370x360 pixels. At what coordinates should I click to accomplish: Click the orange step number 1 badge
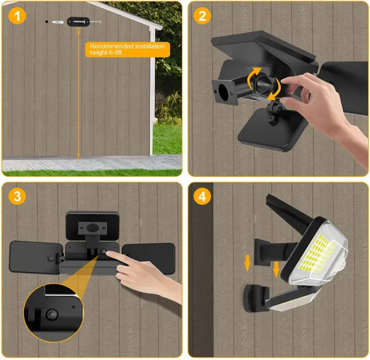pyautogui.click(x=17, y=16)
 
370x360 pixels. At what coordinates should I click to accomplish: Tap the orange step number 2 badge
pyautogui.click(x=202, y=16)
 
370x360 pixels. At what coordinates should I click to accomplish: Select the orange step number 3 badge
pyautogui.click(x=17, y=196)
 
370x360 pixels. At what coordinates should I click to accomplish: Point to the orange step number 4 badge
pyautogui.click(x=202, y=196)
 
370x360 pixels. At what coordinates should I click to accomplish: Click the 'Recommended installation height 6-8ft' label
pyautogui.click(x=128, y=49)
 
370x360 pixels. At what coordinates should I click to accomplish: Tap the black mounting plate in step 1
pyautogui.click(x=78, y=22)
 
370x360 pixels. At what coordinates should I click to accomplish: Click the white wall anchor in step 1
pyautogui.click(x=57, y=22)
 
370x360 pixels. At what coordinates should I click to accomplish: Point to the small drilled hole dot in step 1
pyautogui.click(x=47, y=22)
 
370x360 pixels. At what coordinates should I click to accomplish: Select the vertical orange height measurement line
pyautogui.click(x=79, y=94)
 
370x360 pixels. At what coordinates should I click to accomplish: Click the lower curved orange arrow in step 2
pyautogui.click(x=275, y=91)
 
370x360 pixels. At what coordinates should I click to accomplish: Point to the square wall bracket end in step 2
pyautogui.click(x=225, y=92)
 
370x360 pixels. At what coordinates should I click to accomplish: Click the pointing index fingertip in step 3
pyautogui.click(x=108, y=253)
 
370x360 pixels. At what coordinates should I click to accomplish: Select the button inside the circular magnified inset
pyautogui.click(x=51, y=314)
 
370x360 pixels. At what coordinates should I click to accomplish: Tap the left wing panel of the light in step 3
pyautogui.click(x=36, y=257)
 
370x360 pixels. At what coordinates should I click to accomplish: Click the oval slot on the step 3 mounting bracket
pyautogui.click(x=92, y=228)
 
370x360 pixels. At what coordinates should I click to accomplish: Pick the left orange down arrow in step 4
pyautogui.click(x=248, y=263)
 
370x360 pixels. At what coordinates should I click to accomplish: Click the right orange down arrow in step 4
pyautogui.click(x=276, y=269)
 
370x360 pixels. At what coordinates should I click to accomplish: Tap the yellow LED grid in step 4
pyautogui.click(x=317, y=253)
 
